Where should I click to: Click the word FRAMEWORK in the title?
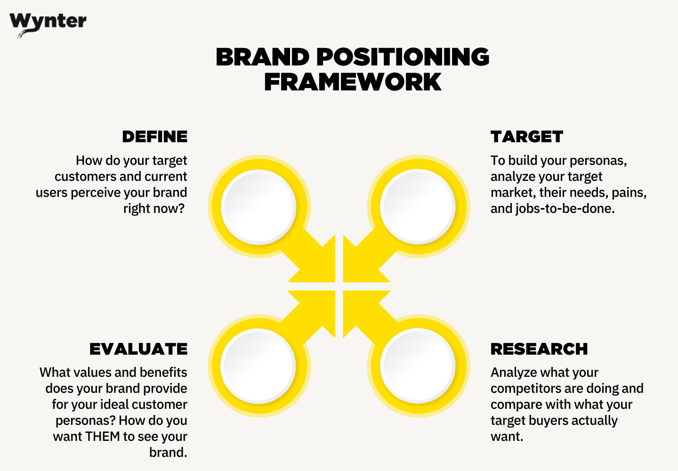click(x=353, y=82)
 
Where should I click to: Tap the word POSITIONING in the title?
click(x=403, y=57)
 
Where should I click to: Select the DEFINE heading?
click(x=154, y=137)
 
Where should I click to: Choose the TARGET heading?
click(x=526, y=137)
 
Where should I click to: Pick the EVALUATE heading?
click(x=138, y=349)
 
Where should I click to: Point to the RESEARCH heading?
click(x=539, y=349)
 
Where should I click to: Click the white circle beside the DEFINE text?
click(x=258, y=206)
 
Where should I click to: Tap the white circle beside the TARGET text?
click(x=418, y=206)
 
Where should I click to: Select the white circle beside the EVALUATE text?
click(x=258, y=365)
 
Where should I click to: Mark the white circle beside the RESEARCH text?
click(x=418, y=365)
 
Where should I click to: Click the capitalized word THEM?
click(x=103, y=437)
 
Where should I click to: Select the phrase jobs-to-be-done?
click(x=565, y=209)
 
